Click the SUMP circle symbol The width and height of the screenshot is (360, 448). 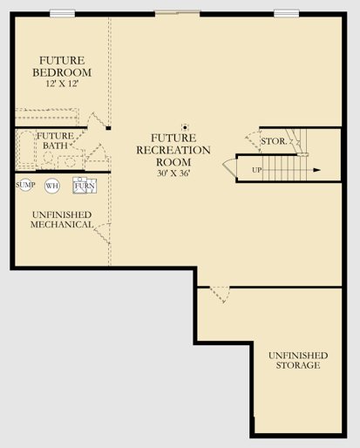tap(25, 185)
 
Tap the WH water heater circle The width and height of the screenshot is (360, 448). tap(52, 186)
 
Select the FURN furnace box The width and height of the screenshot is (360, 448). tap(85, 186)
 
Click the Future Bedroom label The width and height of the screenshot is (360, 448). tap(62, 66)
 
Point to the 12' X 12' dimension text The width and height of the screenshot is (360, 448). tap(62, 84)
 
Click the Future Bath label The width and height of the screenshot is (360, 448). tap(55, 140)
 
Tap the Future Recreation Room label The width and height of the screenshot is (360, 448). tap(173, 150)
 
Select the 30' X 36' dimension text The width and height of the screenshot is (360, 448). tap(173, 173)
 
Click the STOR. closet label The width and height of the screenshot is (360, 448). tap(274, 141)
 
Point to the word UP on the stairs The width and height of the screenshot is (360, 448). tap(257, 170)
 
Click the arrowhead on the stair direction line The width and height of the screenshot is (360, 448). tap(316, 170)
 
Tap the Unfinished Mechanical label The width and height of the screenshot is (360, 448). tap(62, 220)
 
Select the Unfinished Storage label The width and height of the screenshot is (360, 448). tap(298, 360)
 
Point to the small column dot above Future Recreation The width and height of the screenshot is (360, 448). tap(185, 127)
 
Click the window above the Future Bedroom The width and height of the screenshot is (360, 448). tap(63, 13)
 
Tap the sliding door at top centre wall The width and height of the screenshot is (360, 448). tap(177, 13)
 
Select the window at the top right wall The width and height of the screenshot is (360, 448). tap(287, 13)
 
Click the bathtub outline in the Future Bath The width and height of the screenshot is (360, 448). tap(26, 149)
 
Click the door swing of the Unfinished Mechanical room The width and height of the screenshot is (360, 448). tap(102, 233)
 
